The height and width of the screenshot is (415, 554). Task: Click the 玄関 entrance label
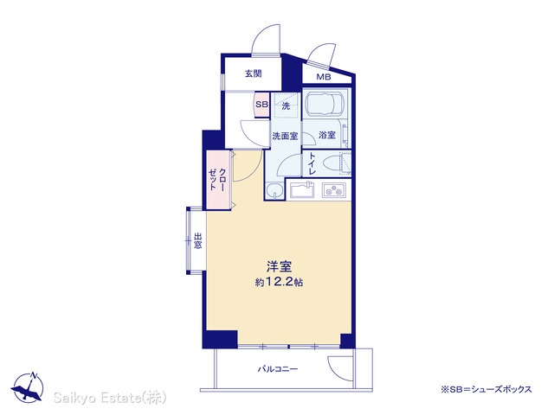coord(254,73)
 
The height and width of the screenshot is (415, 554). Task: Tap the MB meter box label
coord(323,77)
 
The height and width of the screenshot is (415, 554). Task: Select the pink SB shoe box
coord(261,105)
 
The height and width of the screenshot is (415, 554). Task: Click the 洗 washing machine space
coord(286,105)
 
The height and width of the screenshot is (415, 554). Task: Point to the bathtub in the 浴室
coord(325,104)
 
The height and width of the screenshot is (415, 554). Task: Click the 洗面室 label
coord(285,136)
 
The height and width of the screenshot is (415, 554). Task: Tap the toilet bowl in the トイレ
coord(332,164)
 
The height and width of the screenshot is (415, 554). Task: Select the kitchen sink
coord(302,190)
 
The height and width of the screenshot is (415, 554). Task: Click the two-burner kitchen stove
coord(333,191)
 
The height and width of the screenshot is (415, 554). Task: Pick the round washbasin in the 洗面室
coord(274,192)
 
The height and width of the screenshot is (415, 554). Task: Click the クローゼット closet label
coord(217,180)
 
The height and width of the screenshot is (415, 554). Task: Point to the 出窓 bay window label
coord(197,240)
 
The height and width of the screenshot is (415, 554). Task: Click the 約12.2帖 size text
coord(279,282)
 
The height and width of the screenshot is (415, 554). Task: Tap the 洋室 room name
coord(279,266)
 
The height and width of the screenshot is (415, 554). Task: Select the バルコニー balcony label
coord(278,369)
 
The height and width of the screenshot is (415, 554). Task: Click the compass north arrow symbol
coord(28,387)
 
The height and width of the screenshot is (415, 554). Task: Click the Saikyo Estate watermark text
coord(110,398)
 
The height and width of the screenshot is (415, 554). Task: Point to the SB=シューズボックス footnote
coord(486,389)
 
